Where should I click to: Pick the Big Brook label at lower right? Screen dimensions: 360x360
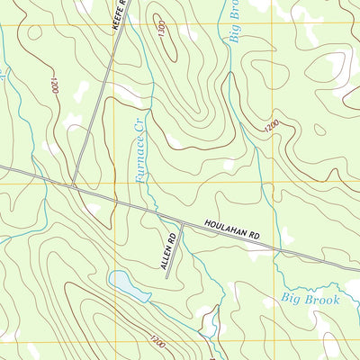[x=310, y=299]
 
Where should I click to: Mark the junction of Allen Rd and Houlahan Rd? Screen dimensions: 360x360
[x=183, y=223]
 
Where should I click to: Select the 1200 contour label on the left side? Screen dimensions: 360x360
[x=54, y=87]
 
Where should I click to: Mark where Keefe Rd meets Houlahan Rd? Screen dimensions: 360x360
[x=73, y=186]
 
